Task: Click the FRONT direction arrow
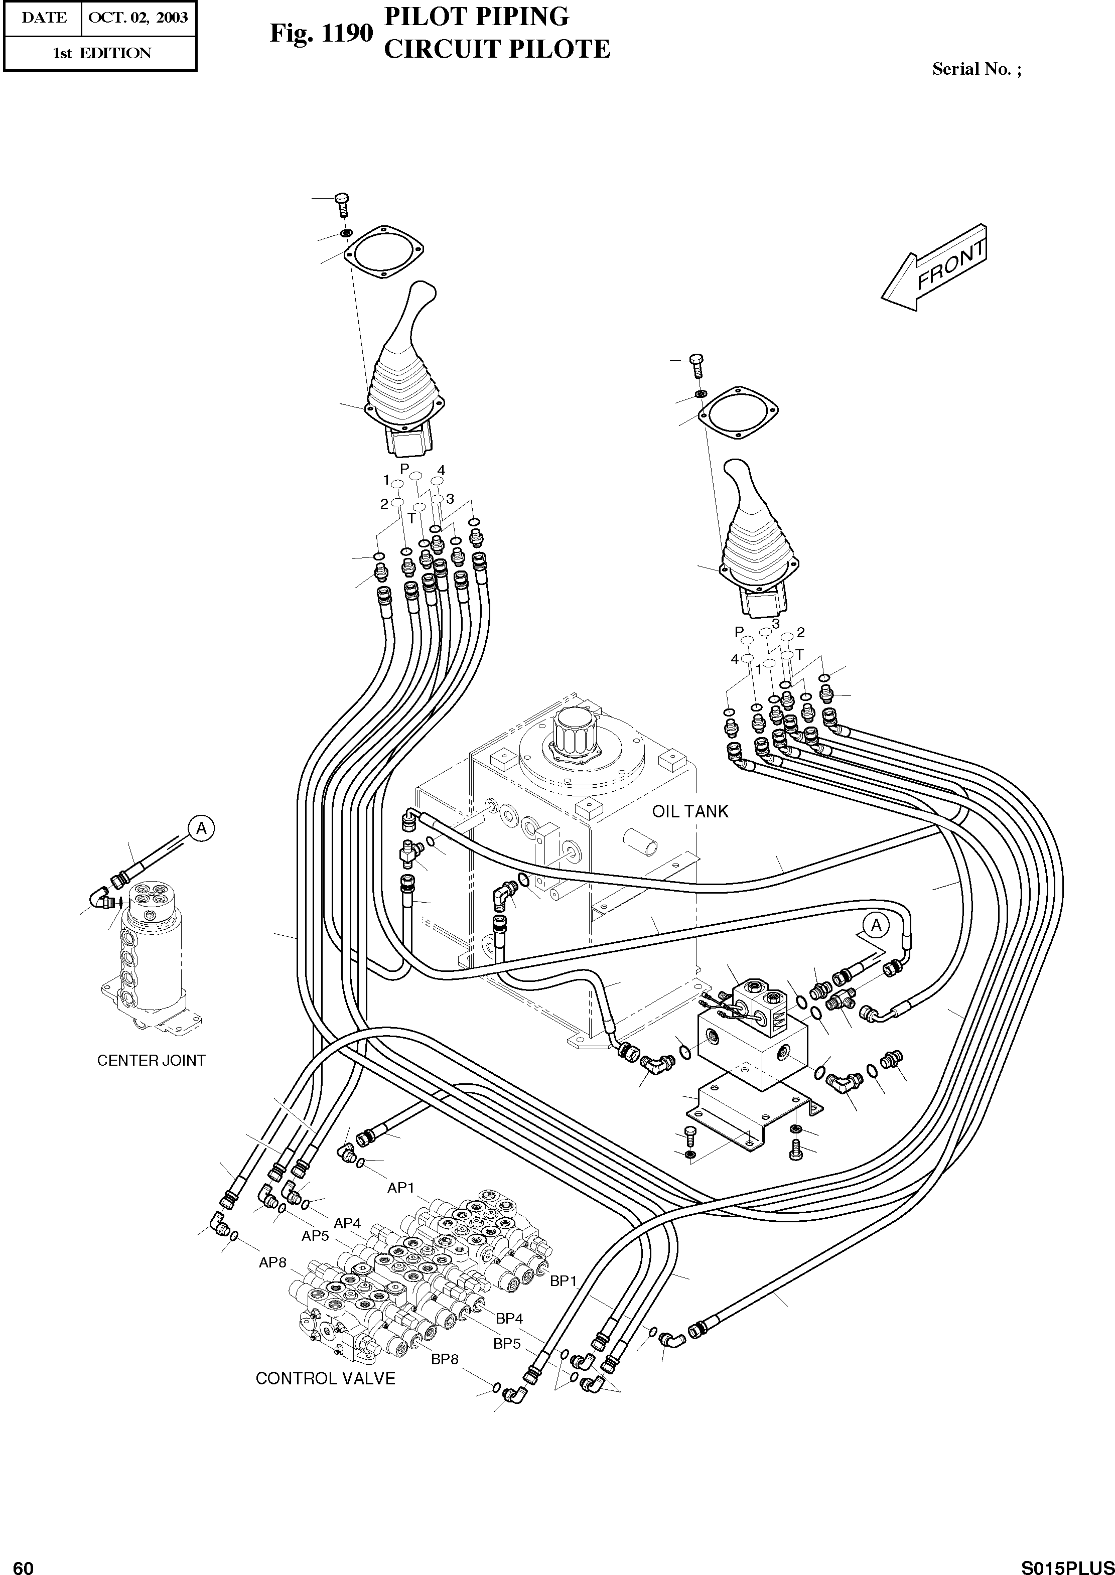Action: [x=935, y=268]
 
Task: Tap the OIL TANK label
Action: [x=689, y=811]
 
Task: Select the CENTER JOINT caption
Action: [x=151, y=1060]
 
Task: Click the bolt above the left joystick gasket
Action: [x=342, y=204]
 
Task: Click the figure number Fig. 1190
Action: [x=321, y=33]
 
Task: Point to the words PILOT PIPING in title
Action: [x=476, y=17]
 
